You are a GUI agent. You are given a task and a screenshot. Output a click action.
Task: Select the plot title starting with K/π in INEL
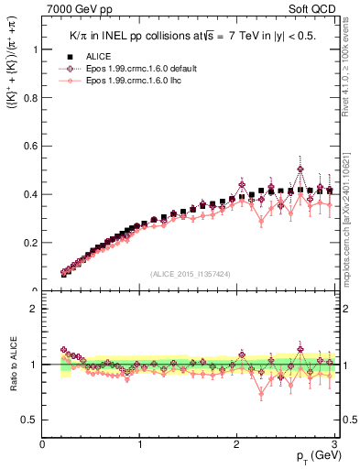point(192,34)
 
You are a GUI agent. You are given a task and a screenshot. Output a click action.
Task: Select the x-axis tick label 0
point(43,445)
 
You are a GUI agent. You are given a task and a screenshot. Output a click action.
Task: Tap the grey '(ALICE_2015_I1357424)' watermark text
point(191,273)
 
